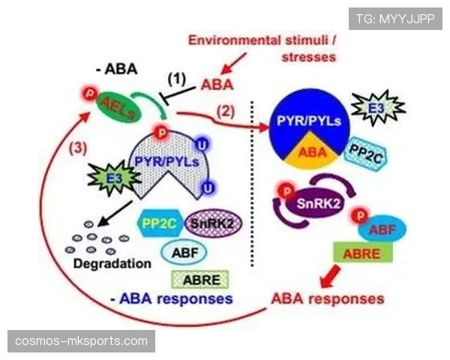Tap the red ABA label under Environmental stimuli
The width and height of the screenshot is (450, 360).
point(217,85)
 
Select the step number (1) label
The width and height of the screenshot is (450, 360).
point(175,77)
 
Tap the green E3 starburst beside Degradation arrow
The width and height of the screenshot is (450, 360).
point(109,177)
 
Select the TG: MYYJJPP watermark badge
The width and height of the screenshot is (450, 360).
point(395,19)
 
